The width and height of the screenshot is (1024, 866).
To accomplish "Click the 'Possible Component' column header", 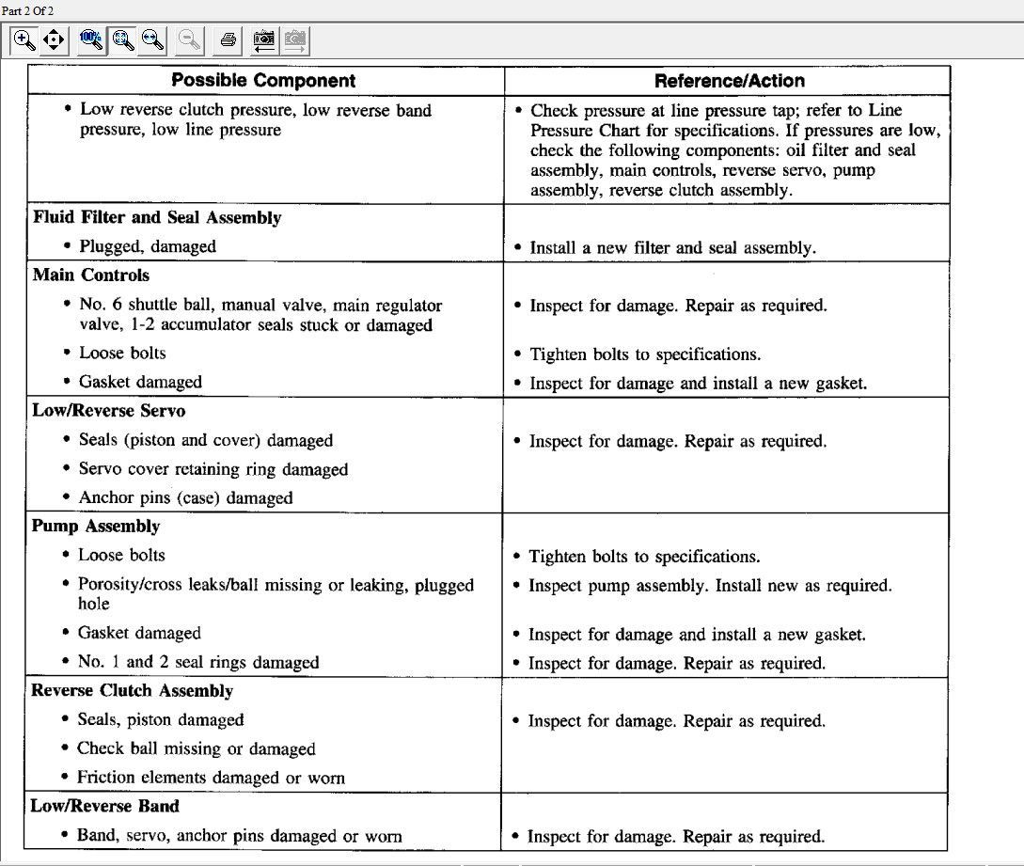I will [x=263, y=80].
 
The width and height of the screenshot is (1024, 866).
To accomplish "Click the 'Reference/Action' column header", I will [x=729, y=80].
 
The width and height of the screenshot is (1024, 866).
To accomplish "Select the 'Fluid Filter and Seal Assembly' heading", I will [x=157, y=217].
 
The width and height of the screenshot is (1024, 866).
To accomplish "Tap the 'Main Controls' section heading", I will [x=91, y=276].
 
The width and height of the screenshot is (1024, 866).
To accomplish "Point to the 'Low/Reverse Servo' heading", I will [x=109, y=411].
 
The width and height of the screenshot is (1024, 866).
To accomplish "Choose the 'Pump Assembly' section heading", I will [x=96, y=527].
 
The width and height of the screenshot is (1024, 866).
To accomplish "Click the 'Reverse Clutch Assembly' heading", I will [x=133, y=691].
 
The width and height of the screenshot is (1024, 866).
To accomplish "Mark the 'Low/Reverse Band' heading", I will [x=105, y=806].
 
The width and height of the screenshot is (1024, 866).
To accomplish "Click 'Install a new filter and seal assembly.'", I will [x=672, y=248].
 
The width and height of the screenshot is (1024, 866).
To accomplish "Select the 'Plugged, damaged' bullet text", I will [x=148, y=246].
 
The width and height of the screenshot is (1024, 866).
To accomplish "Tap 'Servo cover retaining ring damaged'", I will [x=213, y=469].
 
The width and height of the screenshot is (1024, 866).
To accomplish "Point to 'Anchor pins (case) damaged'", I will [x=186, y=498].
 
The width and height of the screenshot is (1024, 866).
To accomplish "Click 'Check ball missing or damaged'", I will [x=197, y=749].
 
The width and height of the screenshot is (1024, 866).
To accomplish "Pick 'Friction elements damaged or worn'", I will [x=211, y=778].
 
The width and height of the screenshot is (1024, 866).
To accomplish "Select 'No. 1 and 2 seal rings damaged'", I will [x=198, y=662].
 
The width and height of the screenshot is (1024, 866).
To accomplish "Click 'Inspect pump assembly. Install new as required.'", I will [x=710, y=586].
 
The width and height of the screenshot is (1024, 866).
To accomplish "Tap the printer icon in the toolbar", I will [x=228, y=39].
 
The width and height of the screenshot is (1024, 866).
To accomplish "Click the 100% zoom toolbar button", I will [x=91, y=39].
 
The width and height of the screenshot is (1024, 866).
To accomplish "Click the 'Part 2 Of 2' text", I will [x=26, y=8].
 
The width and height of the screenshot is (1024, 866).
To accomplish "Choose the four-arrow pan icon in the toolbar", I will [x=54, y=39].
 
